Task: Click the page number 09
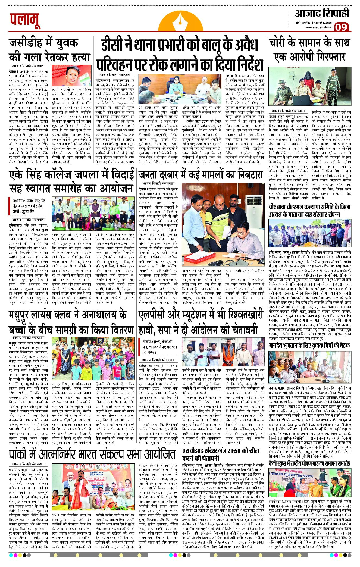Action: coord(341,27)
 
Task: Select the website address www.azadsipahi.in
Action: coord(318,27)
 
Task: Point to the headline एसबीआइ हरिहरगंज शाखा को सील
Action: coord(220,451)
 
